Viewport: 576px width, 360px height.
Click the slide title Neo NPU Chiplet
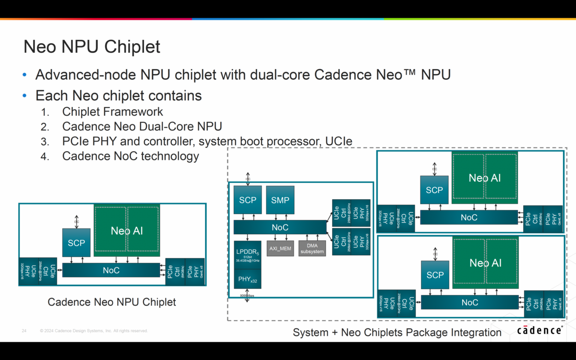(x=92, y=47)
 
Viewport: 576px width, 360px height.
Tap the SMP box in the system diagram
(x=280, y=200)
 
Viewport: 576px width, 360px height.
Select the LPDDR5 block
(x=248, y=254)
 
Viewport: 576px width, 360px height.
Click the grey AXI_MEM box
(x=280, y=248)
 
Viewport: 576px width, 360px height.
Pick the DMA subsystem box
(x=312, y=248)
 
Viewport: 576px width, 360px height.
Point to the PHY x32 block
(x=248, y=279)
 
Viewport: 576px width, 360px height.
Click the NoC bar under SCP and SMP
(x=280, y=227)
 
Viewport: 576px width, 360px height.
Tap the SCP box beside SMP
(x=248, y=200)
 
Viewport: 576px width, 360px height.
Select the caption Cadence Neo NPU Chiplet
(x=112, y=302)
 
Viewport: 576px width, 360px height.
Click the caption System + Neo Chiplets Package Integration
(x=397, y=332)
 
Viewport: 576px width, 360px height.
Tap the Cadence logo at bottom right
(x=540, y=330)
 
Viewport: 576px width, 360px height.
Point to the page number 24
(x=24, y=331)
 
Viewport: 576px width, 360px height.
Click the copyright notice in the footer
(x=94, y=331)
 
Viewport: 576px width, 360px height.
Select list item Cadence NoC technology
(x=131, y=156)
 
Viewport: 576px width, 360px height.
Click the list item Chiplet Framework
(x=113, y=112)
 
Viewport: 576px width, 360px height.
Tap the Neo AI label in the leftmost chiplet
(x=127, y=231)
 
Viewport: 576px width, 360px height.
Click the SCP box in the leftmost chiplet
(x=76, y=243)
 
